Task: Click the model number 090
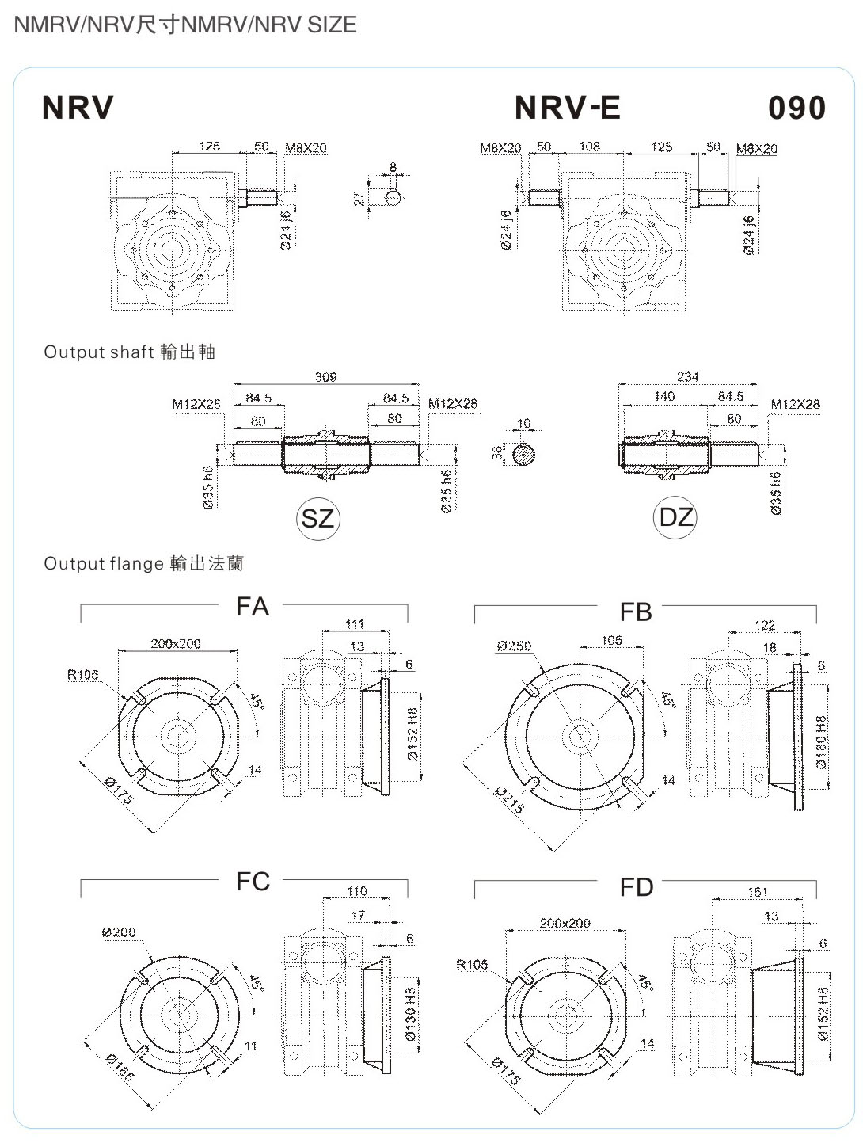(x=796, y=108)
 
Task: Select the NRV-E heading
(x=567, y=108)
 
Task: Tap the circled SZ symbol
(x=317, y=518)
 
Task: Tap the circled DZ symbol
(x=675, y=517)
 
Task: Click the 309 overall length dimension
(x=326, y=376)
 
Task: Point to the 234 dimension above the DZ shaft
(x=687, y=376)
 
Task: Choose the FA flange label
(x=253, y=606)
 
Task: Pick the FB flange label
(x=636, y=612)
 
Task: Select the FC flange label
(x=253, y=882)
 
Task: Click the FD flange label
(x=636, y=887)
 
